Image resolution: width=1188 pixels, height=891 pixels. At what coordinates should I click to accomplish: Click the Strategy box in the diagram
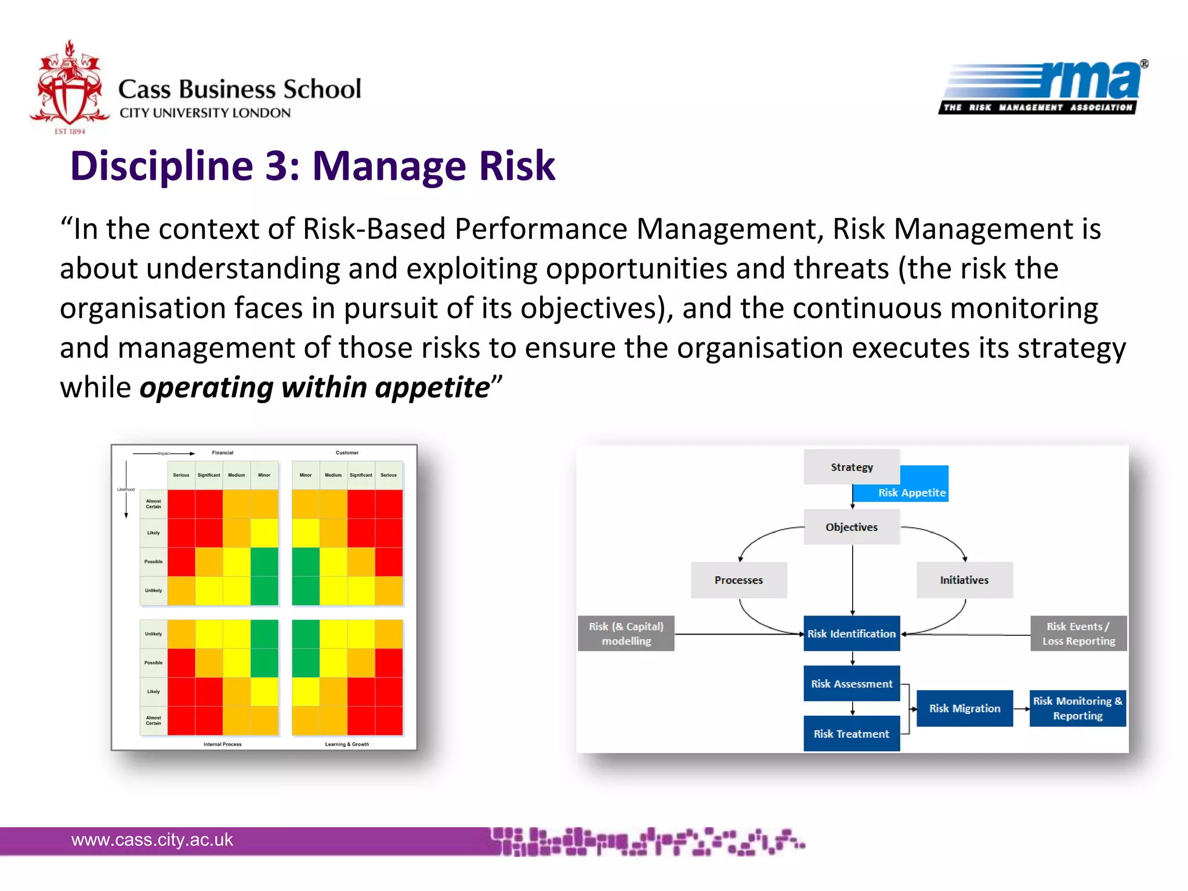851,467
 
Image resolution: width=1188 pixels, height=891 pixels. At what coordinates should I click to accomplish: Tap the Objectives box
851,527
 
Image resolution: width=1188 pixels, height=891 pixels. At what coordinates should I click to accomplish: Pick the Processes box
738,579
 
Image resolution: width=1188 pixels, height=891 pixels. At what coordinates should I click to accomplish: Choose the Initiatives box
964,579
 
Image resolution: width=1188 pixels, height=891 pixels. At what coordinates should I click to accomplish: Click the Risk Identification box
851,633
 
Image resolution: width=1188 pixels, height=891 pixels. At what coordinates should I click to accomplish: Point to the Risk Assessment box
851,683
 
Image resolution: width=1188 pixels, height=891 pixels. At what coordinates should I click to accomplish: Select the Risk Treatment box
851,734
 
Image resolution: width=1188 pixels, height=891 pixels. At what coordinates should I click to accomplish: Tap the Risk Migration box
964,708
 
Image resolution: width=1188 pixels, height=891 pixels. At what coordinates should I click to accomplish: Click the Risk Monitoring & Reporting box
1077,708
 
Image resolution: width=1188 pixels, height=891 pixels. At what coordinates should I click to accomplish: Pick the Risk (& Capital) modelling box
626,633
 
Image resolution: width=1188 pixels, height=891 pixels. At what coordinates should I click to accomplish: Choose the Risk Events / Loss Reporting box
1078,633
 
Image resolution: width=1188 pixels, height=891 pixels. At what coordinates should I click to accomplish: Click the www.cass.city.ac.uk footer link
152,839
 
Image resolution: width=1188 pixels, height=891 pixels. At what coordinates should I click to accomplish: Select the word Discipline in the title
161,166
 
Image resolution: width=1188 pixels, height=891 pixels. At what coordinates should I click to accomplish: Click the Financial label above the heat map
222,452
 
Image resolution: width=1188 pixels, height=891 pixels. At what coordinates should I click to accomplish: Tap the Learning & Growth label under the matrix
346,744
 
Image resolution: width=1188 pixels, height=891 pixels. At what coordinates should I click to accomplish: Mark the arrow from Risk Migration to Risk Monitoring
1022,709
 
